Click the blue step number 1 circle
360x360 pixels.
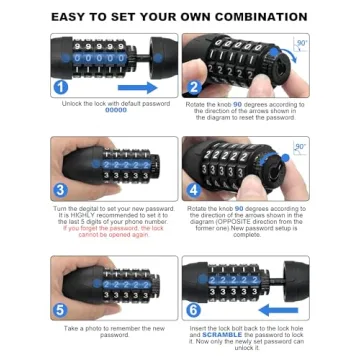62,87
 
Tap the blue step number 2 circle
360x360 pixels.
195,87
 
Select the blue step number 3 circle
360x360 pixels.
61,190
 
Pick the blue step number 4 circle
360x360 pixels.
195,190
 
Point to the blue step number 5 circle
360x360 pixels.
62,309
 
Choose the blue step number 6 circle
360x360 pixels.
195,309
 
